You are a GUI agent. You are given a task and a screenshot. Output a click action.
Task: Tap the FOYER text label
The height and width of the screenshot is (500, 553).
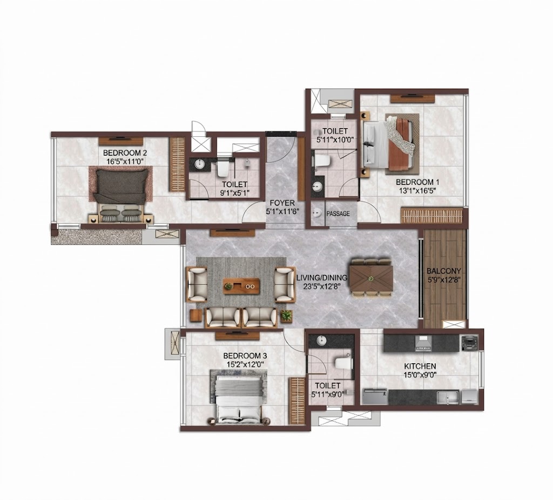pyautogui.click(x=282, y=203)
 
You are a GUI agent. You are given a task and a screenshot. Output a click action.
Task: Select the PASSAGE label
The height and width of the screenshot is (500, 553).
pyautogui.click(x=338, y=214)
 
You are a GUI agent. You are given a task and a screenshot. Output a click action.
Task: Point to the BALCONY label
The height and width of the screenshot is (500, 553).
pyautogui.click(x=444, y=271)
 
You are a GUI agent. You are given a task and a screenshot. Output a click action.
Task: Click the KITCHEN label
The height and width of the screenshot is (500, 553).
pyautogui.click(x=420, y=366)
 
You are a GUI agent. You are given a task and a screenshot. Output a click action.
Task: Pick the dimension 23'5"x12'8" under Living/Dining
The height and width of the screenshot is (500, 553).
pyautogui.click(x=322, y=286)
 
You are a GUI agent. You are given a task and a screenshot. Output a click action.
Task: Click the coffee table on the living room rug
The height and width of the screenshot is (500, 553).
pyautogui.click(x=241, y=286)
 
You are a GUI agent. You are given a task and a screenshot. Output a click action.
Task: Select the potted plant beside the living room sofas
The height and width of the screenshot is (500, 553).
pyautogui.click(x=287, y=315)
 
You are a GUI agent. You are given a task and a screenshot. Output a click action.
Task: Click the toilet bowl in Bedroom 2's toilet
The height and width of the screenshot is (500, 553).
pyautogui.click(x=223, y=168)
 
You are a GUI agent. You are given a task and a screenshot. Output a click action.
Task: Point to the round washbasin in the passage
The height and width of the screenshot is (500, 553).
pyautogui.click(x=318, y=212)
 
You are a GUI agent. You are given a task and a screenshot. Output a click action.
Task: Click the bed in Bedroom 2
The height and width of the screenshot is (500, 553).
pyautogui.click(x=120, y=195)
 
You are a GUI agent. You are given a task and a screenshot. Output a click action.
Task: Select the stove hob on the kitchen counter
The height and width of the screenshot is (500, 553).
pyautogui.click(x=423, y=343)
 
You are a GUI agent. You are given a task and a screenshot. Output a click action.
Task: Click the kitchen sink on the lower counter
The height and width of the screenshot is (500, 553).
pyautogui.click(x=448, y=397)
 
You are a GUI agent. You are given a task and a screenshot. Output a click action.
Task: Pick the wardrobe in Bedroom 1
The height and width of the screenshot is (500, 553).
pyautogui.click(x=431, y=216)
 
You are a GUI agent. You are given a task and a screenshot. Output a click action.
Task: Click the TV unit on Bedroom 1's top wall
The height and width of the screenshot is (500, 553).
pyautogui.click(x=412, y=98)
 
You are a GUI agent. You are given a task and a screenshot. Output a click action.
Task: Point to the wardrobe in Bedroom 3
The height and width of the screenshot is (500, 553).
pyautogui.click(x=297, y=401)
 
